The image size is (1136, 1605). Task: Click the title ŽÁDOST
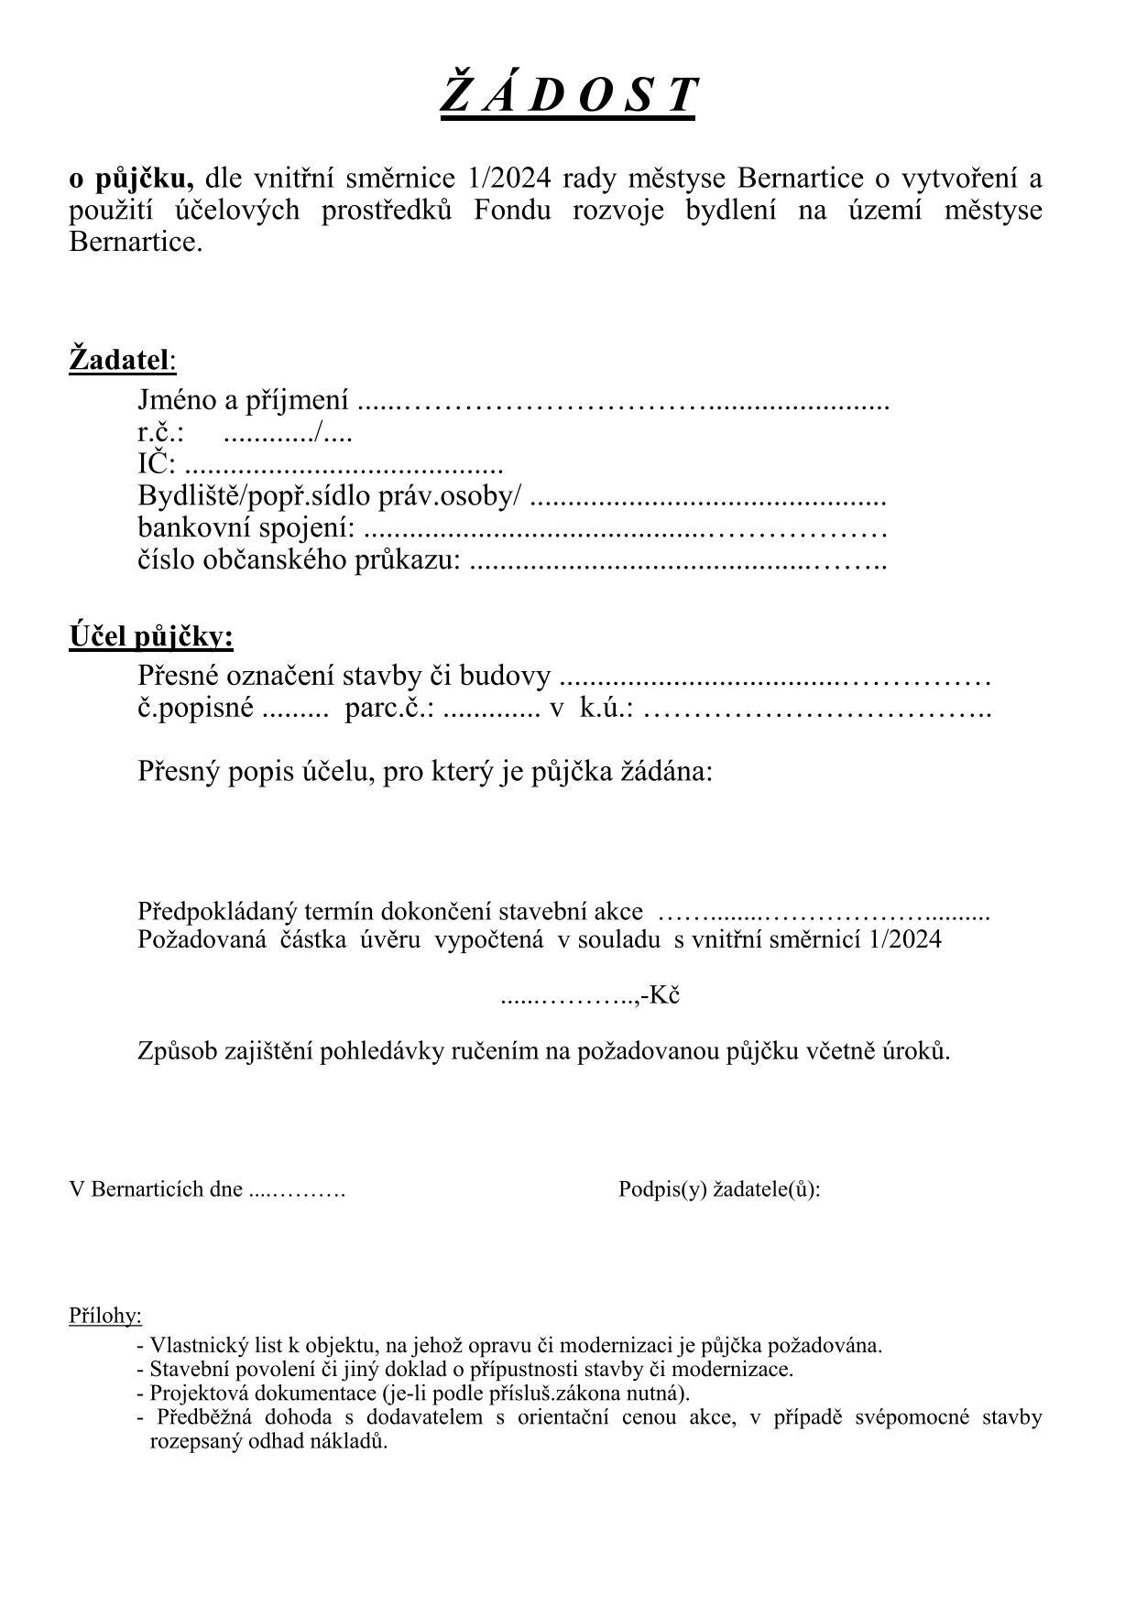567,95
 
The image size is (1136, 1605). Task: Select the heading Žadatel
121,359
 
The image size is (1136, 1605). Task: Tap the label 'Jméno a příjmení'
243,400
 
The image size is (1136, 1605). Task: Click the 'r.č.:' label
161,432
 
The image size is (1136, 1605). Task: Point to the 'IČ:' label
156,464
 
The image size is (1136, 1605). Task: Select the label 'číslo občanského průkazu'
299,560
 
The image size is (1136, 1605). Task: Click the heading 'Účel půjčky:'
151,636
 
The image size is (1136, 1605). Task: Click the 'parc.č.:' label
389,709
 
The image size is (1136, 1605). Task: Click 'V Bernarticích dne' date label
157,1189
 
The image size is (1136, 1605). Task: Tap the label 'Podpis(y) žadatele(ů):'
719,1189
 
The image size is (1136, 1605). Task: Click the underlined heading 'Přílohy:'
105,1316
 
